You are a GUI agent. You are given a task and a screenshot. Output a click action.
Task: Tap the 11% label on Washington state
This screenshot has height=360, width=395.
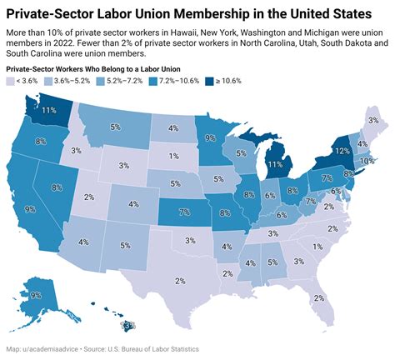coord(49,110)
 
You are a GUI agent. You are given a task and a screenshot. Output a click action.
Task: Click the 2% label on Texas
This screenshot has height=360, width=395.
coord(179,280)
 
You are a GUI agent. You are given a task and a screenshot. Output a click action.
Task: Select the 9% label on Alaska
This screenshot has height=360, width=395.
coord(35,295)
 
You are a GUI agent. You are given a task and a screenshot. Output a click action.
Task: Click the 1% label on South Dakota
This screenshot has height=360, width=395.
coord(172,156)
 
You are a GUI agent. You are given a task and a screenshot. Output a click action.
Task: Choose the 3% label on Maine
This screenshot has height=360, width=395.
coord(372,122)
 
